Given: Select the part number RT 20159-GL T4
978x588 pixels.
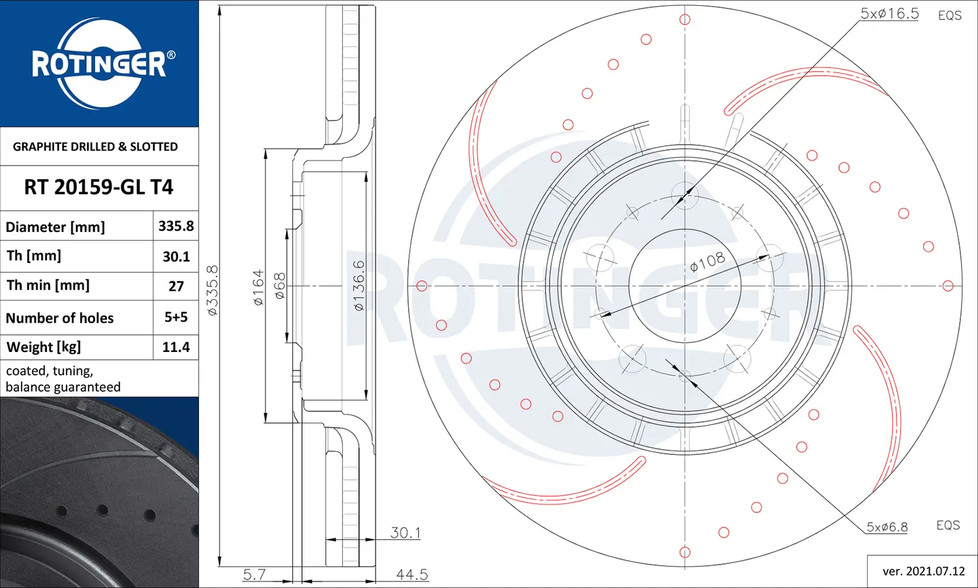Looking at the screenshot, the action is [x=98, y=187].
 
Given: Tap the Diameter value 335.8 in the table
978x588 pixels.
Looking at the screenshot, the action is [x=176, y=226].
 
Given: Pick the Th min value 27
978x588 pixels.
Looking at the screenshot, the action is [x=176, y=286].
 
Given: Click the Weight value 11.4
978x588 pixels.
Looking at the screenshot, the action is [x=176, y=347].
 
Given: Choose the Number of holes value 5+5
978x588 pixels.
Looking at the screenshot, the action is [x=176, y=317].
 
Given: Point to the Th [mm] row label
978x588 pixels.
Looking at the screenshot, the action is [x=34, y=256].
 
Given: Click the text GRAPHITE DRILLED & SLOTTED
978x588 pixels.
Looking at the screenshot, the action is [x=95, y=147].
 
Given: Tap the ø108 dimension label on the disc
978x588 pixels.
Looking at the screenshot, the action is [x=707, y=261].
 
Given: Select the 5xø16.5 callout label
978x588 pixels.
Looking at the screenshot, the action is [x=890, y=14].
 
